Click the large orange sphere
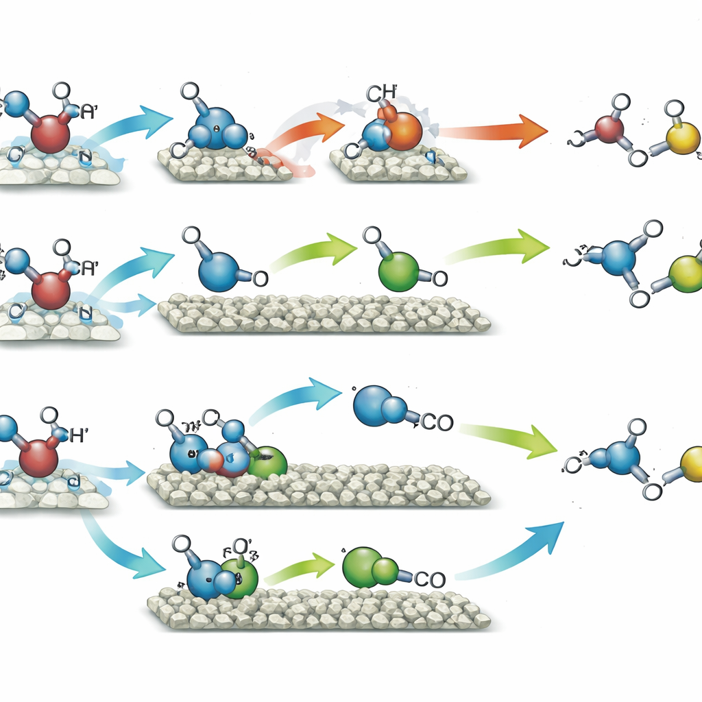[x=403, y=128]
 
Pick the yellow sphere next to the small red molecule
[x=683, y=138]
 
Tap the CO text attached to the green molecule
[x=429, y=579]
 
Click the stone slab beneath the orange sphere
[x=398, y=169]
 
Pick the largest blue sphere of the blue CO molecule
[x=372, y=404]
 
